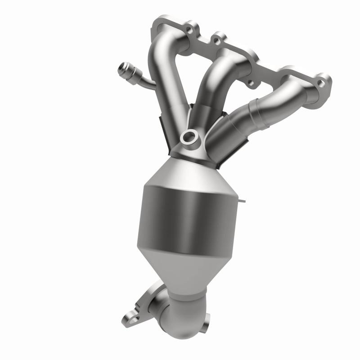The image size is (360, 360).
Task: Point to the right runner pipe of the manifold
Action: click(252, 112)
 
